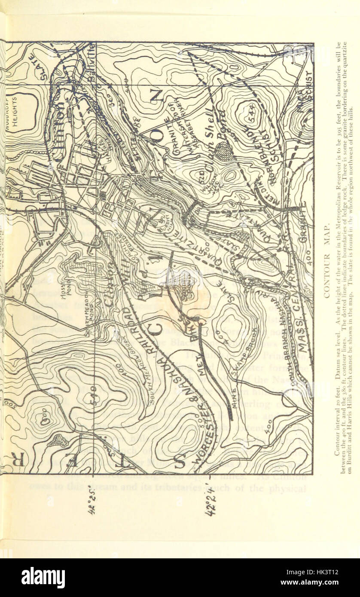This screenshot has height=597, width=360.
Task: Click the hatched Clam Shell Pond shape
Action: pyautogui.click(x=224, y=151)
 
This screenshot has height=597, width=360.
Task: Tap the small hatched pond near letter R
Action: pyautogui.click(x=56, y=440)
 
